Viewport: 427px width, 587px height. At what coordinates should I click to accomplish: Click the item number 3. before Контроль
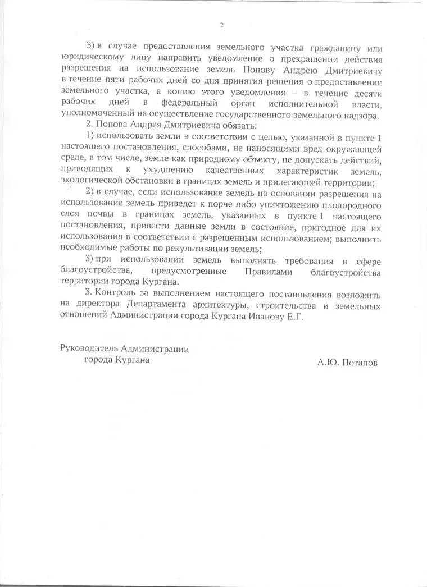88,293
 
